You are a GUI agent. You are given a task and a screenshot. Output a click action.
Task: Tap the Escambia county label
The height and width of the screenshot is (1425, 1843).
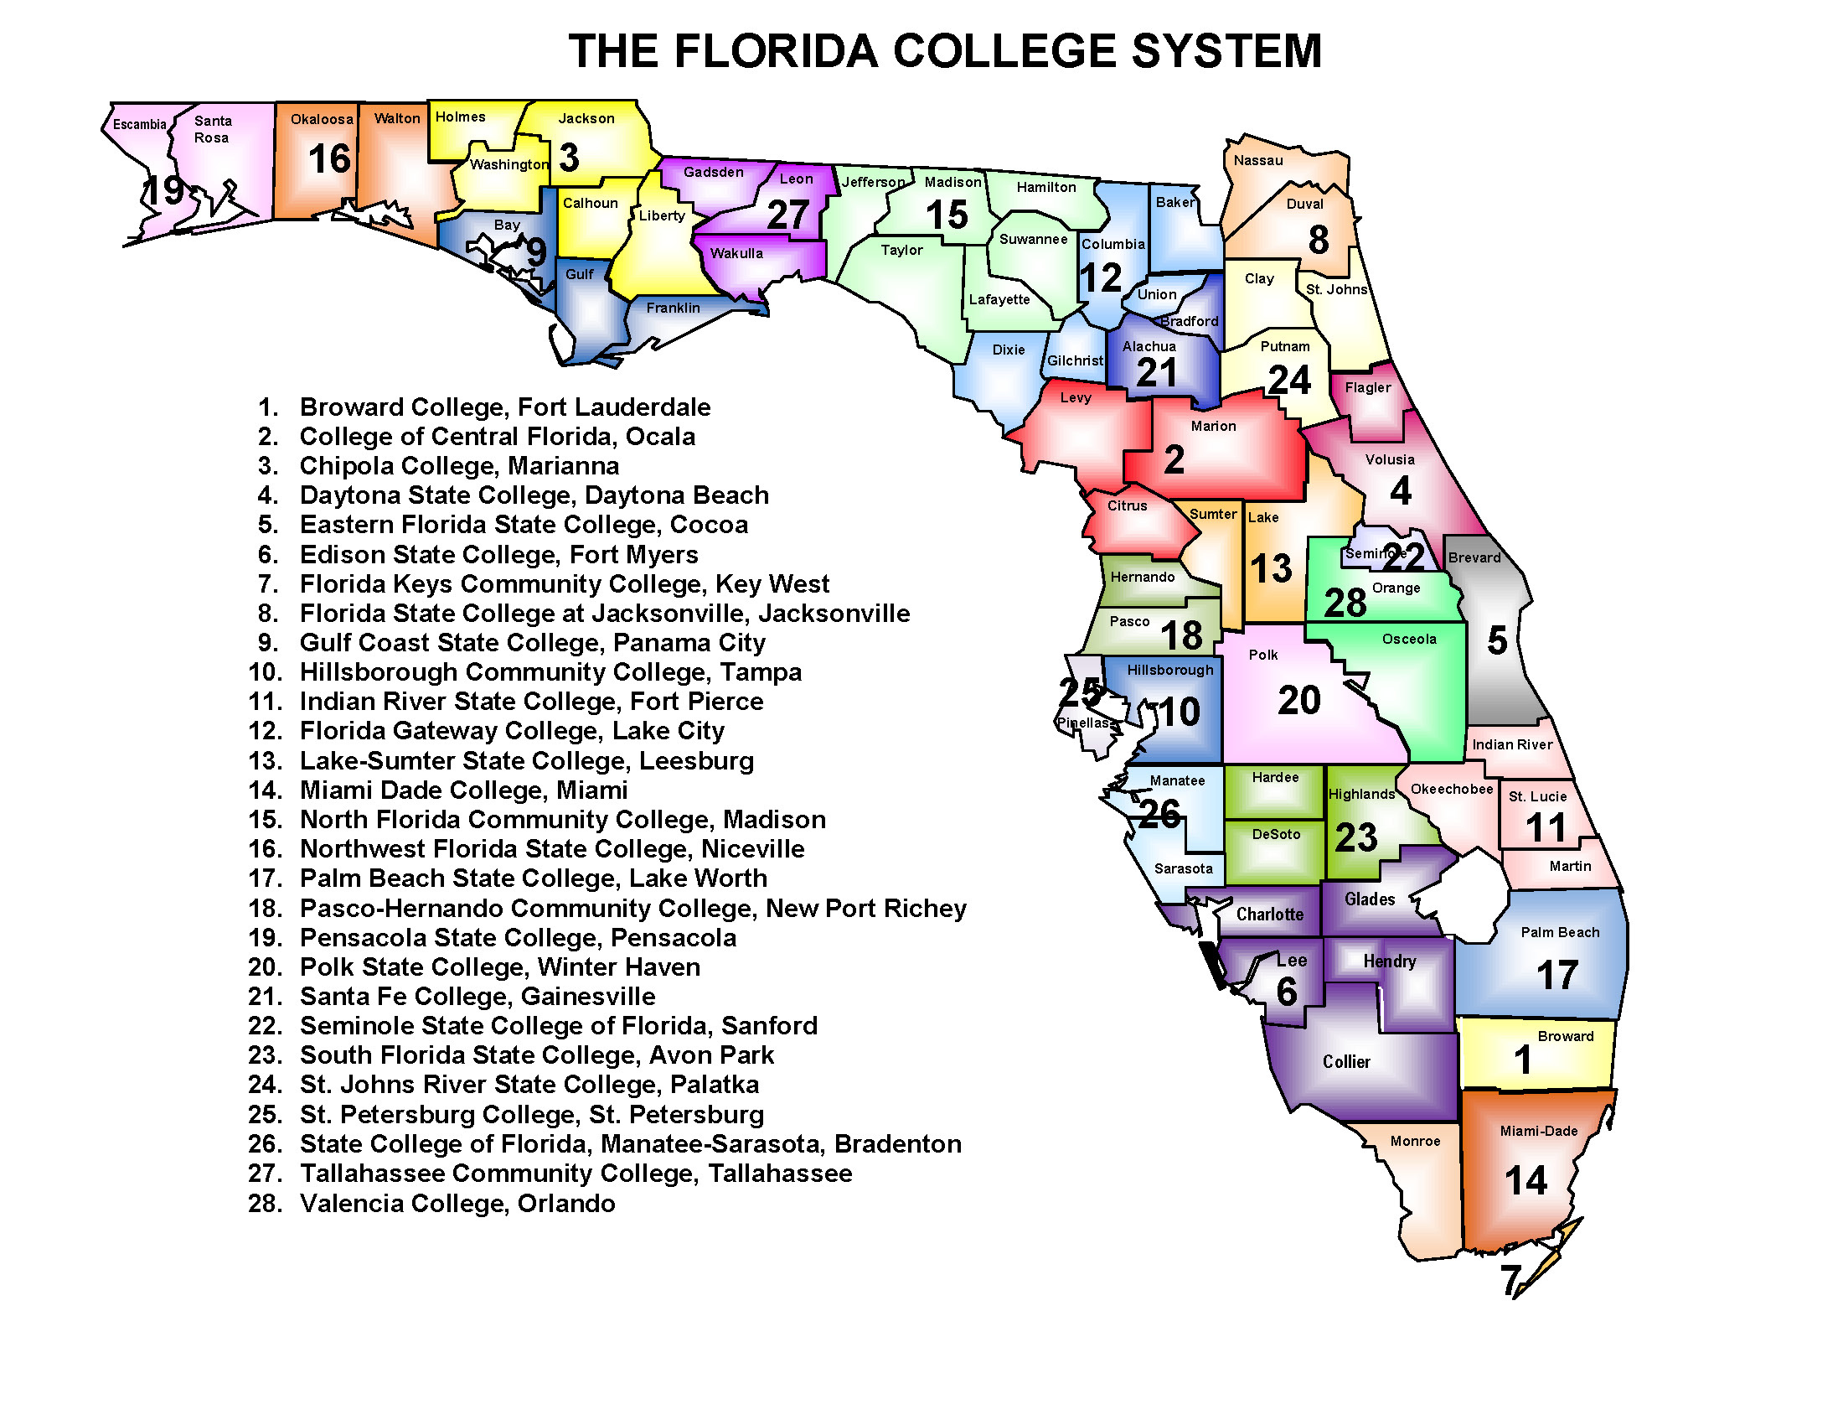tap(139, 124)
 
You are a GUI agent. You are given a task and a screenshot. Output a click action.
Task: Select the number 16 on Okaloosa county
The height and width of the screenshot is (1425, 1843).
tap(329, 158)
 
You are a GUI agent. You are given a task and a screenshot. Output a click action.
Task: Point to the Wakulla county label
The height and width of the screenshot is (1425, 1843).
tap(736, 253)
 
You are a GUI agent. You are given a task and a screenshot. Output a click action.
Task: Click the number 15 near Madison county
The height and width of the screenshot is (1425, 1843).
tap(947, 215)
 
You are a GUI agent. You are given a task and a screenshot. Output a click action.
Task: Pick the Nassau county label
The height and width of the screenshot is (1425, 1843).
tap(1257, 160)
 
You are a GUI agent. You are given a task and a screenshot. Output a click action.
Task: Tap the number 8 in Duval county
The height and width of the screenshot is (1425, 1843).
tap(1318, 240)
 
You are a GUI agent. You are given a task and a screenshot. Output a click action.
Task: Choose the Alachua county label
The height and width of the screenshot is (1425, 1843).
tap(1149, 346)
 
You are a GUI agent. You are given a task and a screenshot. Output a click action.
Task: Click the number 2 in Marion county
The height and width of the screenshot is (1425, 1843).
tap(1174, 460)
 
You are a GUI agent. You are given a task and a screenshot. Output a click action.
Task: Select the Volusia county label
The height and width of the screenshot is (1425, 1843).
tap(1389, 459)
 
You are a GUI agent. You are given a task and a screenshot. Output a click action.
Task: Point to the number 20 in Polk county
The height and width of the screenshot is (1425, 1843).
tap(1298, 700)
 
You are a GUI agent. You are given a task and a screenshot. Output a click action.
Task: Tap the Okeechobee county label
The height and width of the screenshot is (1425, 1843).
tap(1452, 789)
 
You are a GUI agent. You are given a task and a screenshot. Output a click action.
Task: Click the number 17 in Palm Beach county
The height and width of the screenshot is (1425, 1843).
tap(1557, 975)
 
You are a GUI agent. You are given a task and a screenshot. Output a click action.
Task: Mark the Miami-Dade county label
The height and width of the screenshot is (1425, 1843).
tap(1538, 1131)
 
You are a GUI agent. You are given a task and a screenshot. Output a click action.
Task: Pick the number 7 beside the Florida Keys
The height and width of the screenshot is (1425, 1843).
tap(1511, 1280)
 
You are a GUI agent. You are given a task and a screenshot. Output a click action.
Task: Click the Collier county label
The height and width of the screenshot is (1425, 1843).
tap(1346, 1061)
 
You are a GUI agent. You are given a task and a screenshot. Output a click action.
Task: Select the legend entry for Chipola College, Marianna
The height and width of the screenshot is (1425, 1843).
tap(459, 466)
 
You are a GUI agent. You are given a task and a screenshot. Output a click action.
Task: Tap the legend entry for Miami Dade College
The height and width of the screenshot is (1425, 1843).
tap(463, 790)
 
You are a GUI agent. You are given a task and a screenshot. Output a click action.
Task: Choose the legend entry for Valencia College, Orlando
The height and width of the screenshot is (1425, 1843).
tap(457, 1203)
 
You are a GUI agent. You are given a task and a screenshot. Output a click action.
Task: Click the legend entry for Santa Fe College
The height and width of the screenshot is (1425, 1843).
tap(478, 996)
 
